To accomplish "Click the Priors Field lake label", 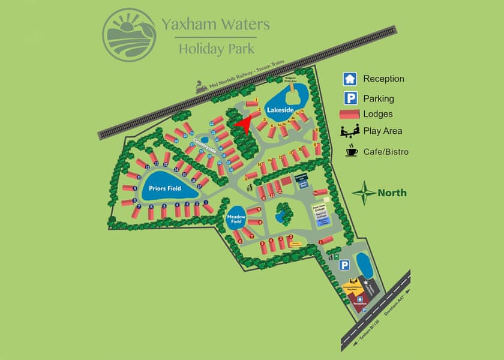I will pyautogui.click(x=165, y=188).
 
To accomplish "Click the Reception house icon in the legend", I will pyautogui.click(x=350, y=79).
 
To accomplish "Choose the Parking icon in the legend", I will pyautogui.click(x=350, y=98).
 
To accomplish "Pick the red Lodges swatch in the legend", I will pyautogui.click(x=350, y=114).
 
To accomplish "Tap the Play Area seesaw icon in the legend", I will pyautogui.click(x=350, y=131).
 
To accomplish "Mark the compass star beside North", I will pyautogui.click(x=364, y=193).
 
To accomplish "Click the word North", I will pyautogui.click(x=392, y=193).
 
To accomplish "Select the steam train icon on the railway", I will pyautogui.click(x=202, y=88).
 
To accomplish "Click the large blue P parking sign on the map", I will pyautogui.click(x=345, y=265).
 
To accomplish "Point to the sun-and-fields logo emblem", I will pyautogui.click(x=128, y=34).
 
